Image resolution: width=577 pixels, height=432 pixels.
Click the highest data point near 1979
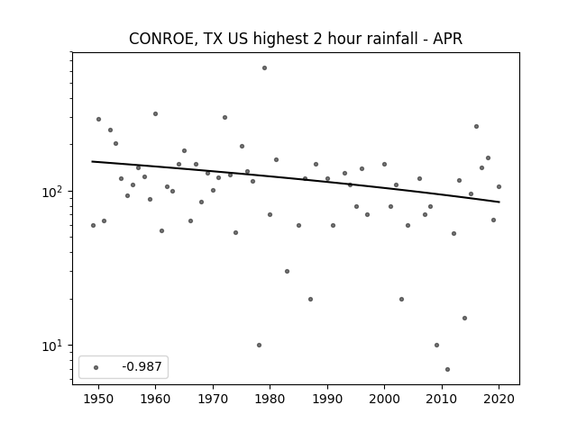(264, 68)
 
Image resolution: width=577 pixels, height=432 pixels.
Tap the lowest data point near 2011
(447, 370)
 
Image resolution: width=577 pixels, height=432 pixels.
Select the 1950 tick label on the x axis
(98, 399)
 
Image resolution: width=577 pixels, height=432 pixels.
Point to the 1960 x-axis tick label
(155, 399)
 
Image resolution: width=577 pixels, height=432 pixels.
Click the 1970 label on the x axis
(213, 399)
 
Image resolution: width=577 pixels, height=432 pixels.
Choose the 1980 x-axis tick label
(270, 399)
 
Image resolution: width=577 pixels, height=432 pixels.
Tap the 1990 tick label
(327, 399)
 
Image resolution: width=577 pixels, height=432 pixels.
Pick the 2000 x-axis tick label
(384, 399)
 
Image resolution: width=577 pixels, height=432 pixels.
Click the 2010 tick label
(442, 399)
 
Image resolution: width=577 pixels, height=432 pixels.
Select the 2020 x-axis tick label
(499, 399)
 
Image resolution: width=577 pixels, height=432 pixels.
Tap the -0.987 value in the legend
(142, 366)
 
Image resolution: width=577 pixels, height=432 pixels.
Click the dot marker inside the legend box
(96, 367)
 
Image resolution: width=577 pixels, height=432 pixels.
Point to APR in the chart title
(447, 39)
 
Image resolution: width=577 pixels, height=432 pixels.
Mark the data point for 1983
(287, 272)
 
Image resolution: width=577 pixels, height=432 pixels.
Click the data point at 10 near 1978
(259, 346)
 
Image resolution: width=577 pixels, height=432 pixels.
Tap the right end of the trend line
(499, 202)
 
